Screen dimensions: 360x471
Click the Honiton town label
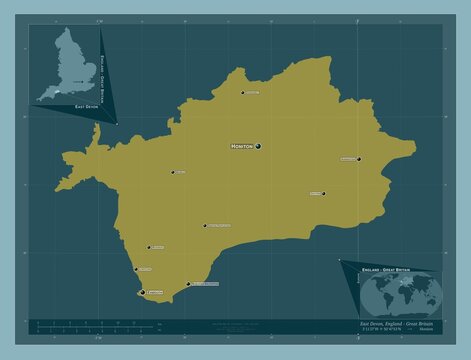[x=242, y=146]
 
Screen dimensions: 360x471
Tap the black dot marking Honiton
[x=258, y=146]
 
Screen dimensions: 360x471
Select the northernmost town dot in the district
[x=242, y=93]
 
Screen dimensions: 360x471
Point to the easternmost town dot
[x=358, y=158]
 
